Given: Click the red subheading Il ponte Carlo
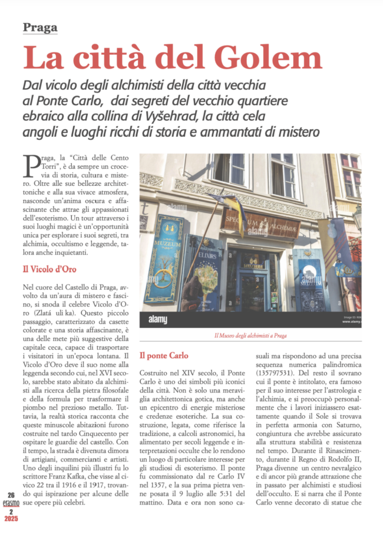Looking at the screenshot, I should (x=164, y=356).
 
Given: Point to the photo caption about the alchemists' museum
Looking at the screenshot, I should (x=250, y=336).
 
